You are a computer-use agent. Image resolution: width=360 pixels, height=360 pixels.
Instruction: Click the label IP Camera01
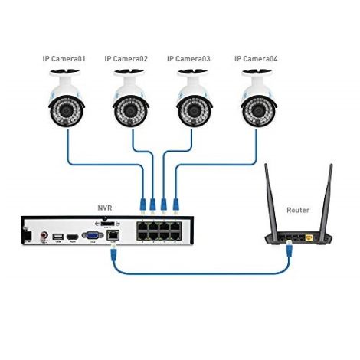[64, 57]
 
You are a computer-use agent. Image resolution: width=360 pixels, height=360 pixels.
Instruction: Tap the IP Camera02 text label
[126, 57]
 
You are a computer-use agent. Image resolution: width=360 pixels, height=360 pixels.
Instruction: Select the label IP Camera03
[190, 57]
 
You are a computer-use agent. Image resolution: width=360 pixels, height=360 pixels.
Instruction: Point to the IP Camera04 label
[256, 57]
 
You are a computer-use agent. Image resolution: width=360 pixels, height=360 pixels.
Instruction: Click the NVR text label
[104, 207]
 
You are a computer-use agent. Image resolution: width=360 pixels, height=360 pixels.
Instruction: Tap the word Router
[297, 209]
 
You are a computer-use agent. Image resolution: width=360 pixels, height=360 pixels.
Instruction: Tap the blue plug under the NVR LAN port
[114, 254]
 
